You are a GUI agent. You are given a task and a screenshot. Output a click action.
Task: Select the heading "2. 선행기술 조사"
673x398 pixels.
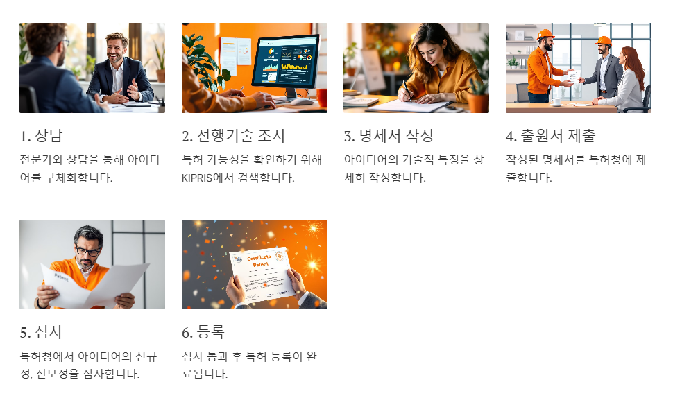pos(234,136)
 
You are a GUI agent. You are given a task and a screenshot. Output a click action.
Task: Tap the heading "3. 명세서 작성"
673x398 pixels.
pos(389,136)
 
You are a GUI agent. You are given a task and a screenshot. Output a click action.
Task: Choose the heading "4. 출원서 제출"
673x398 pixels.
pos(550,136)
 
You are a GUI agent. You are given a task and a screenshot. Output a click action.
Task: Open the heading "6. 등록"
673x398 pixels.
pos(203,332)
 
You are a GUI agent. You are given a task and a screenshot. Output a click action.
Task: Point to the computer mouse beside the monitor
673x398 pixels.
pos(303,101)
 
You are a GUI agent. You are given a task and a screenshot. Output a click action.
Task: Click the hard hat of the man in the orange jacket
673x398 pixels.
pos(546,34)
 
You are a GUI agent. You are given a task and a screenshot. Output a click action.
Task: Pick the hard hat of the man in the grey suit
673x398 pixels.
pos(604,40)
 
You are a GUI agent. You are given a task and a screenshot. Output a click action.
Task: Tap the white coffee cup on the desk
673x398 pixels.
pos(558,101)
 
